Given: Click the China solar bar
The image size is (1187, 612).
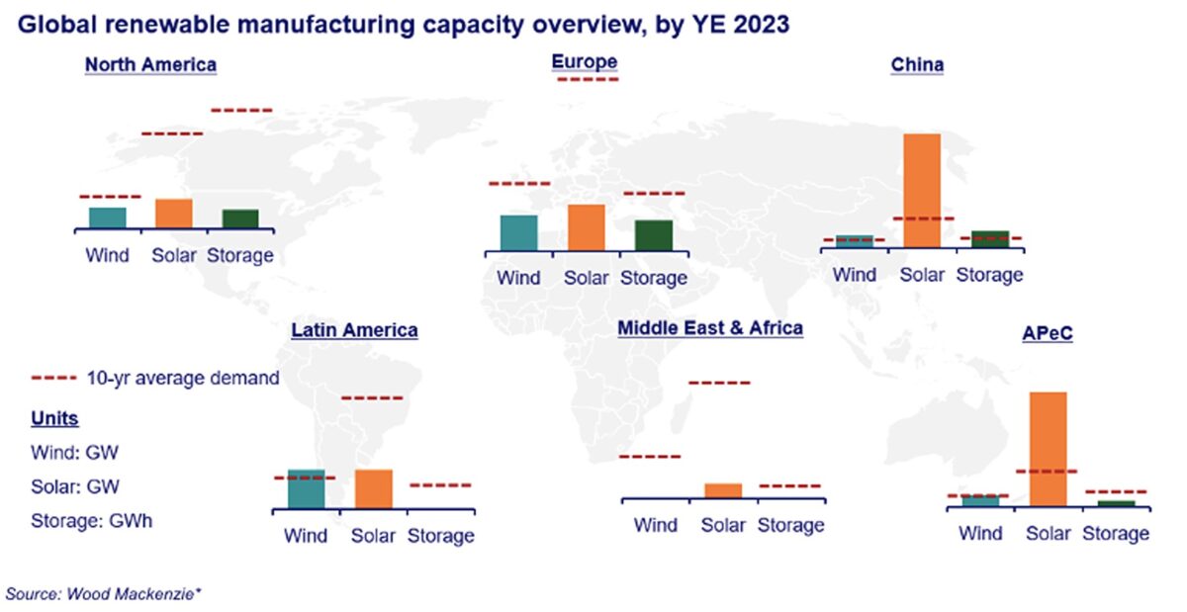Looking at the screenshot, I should (921, 189).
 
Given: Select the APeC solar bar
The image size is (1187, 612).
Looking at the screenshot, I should (1048, 449).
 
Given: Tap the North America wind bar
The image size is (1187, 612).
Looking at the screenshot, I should (107, 218).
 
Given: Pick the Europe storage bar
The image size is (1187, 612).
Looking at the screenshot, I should (653, 235).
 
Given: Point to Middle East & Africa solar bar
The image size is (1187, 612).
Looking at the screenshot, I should (723, 490).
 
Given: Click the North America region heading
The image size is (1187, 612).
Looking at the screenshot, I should (150, 65).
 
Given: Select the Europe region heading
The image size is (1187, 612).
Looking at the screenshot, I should (585, 61).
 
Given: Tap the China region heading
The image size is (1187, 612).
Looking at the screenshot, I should (917, 65).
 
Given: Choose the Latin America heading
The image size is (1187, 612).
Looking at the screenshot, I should (354, 330).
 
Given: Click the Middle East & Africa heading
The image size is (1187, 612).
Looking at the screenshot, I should (710, 327).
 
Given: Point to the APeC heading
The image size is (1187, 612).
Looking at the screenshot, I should (1048, 333).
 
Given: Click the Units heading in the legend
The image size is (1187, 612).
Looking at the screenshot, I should (55, 418).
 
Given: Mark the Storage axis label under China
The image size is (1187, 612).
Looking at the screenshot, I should (989, 275).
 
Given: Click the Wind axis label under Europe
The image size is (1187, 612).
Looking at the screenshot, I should (518, 278).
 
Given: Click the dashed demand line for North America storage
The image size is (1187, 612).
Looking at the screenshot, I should (241, 110).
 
